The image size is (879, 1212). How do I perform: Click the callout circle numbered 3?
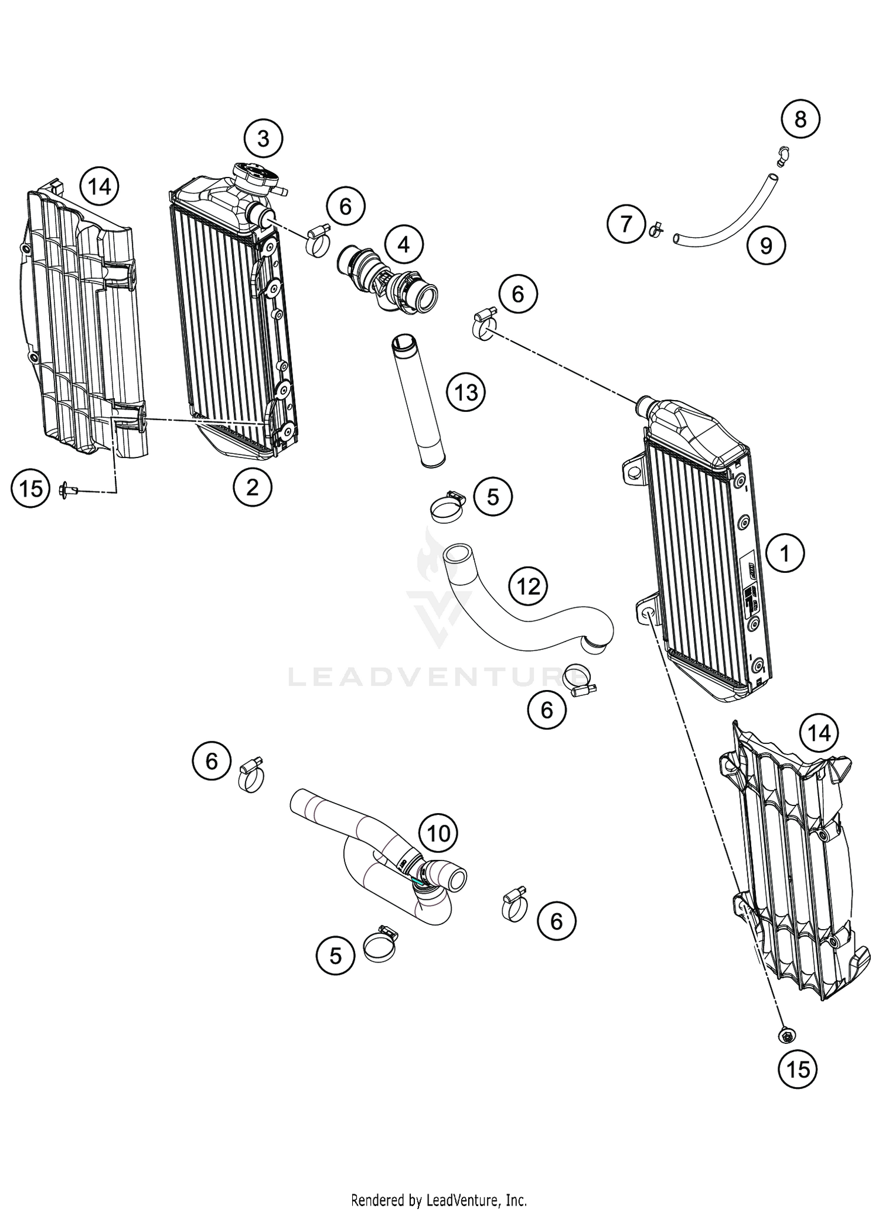point(263,139)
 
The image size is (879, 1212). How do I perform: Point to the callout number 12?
point(528,585)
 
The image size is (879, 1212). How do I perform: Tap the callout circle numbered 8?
point(800,119)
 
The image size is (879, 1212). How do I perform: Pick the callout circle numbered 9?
point(766,245)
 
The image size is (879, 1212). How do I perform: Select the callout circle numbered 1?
point(785,552)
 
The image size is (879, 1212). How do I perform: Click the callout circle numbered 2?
point(252,486)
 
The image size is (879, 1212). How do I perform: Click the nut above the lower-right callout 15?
point(786,1035)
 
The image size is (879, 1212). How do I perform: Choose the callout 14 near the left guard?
point(100,186)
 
